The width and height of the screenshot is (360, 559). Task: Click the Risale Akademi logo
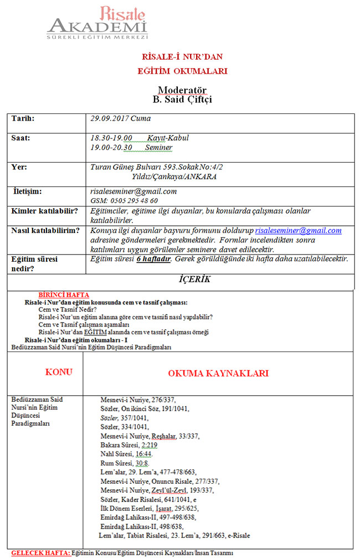[97, 23]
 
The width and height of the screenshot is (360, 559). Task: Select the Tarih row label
[23, 118]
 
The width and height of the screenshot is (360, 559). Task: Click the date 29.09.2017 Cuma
[120, 118]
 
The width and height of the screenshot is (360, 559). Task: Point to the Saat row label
[21, 138]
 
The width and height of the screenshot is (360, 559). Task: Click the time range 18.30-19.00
[111, 138]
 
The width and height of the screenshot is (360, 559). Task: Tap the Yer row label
[19, 167]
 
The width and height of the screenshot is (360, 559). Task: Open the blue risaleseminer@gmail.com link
[298, 230]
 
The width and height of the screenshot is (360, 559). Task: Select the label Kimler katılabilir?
[44, 211]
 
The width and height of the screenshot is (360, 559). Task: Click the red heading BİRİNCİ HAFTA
[64, 295]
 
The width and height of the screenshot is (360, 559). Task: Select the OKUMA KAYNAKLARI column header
[218, 373]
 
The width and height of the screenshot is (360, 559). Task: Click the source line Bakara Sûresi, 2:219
[128, 445]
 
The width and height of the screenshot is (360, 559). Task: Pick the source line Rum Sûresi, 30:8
[125, 463]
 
